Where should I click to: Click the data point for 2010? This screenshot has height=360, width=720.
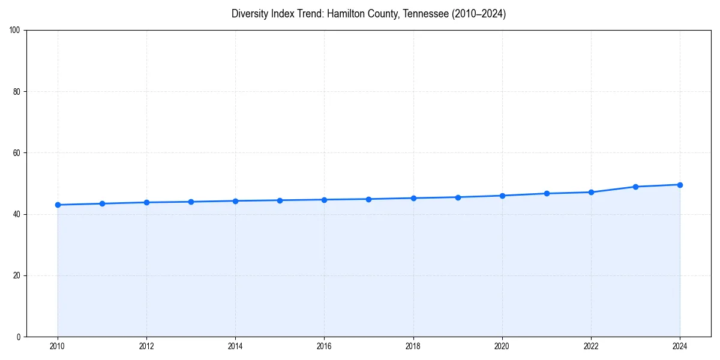tap(58, 205)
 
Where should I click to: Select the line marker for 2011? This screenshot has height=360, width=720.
tap(102, 203)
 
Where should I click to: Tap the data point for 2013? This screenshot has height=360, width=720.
tap(191, 202)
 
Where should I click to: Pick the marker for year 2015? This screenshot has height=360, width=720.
tap(280, 200)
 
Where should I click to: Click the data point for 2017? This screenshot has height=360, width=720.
tap(368, 199)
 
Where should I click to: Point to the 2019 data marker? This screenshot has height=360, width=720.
tap(458, 197)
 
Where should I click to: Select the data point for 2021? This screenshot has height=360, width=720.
tap(547, 193)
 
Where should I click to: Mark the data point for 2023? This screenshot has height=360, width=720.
tap(635, 187)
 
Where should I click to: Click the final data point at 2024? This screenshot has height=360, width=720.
tap(680, 185)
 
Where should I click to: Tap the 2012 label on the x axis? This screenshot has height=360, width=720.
tap(146, 346)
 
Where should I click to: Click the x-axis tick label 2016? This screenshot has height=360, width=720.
tap(324, 346)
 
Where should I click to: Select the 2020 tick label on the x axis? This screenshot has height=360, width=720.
tap(502, 346)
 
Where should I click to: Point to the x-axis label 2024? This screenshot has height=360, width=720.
tap(680, 346)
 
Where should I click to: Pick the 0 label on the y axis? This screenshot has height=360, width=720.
tap(19, 337)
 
